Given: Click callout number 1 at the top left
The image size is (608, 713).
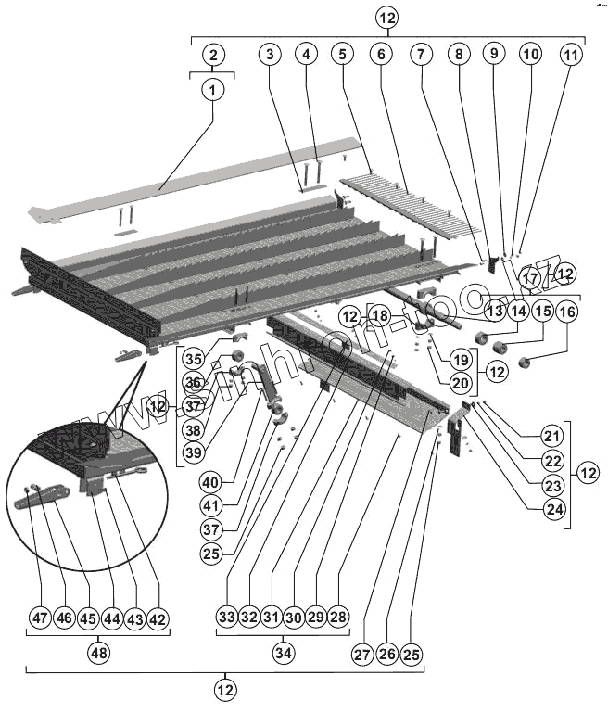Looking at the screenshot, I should (213, 90).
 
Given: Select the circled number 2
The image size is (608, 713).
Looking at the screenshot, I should (213, 55).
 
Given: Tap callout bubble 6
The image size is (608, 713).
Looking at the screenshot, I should (380, 55).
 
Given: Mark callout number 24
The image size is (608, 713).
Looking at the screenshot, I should (553, 509).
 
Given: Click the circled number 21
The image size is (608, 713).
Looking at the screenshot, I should (553, 436).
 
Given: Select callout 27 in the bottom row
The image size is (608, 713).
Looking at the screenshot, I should (362, 654).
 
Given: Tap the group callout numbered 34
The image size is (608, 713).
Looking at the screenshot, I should (283, 654).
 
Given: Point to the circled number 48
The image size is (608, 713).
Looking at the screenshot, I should (97, 654).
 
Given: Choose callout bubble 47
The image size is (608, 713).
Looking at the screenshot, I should (39, 618).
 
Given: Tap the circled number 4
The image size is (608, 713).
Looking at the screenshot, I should (306, 55).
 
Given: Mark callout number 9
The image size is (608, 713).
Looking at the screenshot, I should (494, 55).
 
